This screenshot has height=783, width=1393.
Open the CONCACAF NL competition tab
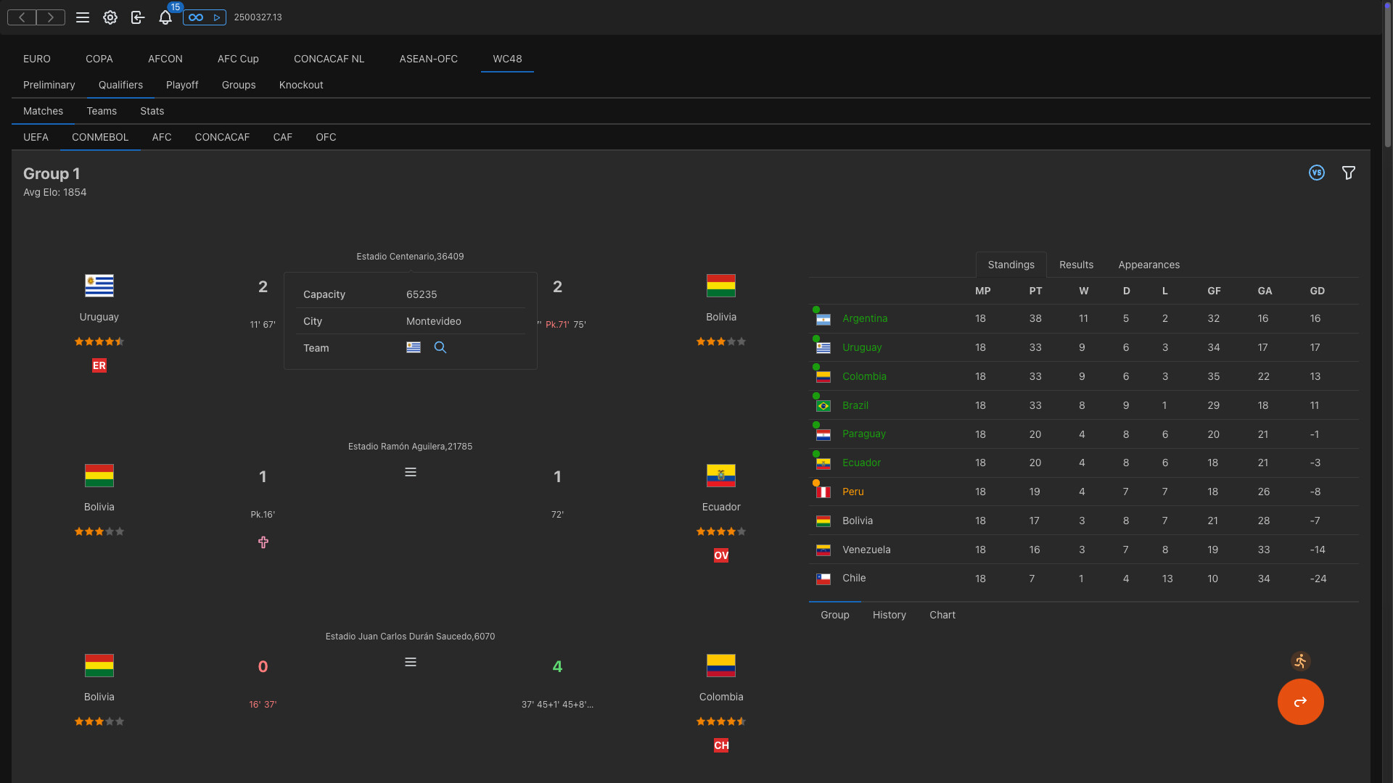pyautogui.click(x=329, y=59)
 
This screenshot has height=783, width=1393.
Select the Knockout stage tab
pyautogui.click(x=300, y=85)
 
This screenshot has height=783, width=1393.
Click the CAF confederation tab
pyautogui.click(x=282, y=137)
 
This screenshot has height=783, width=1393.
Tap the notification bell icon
pyautogui.click(x=165, y=17)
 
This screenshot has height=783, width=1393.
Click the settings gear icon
pyautogui.click(x=110, y=17)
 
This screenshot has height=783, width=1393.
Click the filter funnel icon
pyautogui.click(x=1348, y=173)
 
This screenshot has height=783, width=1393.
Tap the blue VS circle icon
pyautogui.click(x=1316, y=173)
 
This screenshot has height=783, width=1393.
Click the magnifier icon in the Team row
pyautogui.click(x=440, y=347)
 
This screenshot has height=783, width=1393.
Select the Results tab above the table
pyautogui.click(x=1076, y=265)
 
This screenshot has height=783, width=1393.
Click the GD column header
pyautogui.click(x=1317, y=291)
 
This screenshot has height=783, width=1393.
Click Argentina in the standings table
pyautogui.click(x=864, y=318)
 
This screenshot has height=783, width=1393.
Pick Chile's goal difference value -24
pyautogui.click(x=1318, y=579)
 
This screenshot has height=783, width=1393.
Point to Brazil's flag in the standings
pyautogui.click(x=823, y=406)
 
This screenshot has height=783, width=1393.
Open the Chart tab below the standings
pyautogui.click(x=942, y=615)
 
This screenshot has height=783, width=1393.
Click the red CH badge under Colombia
pyautogui.click(x=720, y=745)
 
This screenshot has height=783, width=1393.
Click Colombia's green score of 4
pyautogui.click(x=557, y=666)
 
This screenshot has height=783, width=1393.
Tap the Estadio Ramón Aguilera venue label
pyautogui.click(x=410, y=447)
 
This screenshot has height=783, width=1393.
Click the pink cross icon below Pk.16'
pyautogui.click(x=263, y=542)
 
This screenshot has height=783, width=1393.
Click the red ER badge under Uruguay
pyautogui.click(x=99, y=365)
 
